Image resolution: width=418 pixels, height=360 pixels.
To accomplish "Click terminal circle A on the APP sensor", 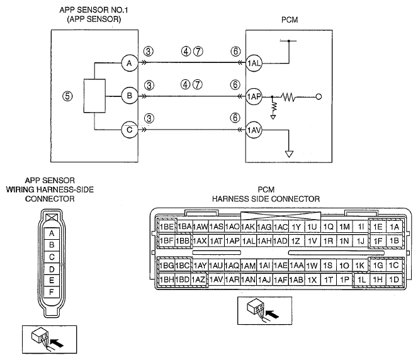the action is [130, 64].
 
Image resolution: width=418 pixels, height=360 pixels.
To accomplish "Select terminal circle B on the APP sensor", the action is [130, 96].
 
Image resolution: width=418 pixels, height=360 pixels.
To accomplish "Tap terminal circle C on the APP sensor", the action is [130, 130].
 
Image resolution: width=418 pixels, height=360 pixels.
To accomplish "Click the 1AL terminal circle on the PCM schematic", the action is [254, 64].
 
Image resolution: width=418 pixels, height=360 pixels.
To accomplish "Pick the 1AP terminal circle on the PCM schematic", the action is [254, 96].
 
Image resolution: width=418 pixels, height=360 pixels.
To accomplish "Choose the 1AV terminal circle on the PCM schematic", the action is [254, 130].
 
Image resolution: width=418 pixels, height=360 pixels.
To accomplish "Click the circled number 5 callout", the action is [67, 96].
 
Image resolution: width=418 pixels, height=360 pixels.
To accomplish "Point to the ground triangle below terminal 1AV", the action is [289, 154].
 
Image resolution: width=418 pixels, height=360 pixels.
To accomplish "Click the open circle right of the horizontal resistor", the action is [319, 97].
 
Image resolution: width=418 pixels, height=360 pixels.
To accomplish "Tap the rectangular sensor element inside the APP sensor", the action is [94, 96].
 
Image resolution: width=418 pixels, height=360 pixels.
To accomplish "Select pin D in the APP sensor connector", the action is [52, 269].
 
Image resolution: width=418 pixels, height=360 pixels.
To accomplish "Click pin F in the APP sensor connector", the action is [52, 292].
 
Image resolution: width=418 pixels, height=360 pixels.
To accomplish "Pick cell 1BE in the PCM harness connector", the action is [167, 227].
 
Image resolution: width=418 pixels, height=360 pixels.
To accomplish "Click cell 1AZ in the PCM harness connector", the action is [199, 279].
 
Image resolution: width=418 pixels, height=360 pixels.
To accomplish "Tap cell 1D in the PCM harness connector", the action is [394, 279].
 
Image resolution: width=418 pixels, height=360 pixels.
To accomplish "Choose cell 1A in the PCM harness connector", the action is [394, 227].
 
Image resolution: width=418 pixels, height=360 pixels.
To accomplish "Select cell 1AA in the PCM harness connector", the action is [297, 266].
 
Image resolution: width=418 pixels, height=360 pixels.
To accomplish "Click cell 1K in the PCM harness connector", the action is [360, 266].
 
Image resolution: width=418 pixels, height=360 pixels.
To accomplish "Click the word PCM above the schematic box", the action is [290, 20].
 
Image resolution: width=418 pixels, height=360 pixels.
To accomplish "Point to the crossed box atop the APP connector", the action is [52, 218].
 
